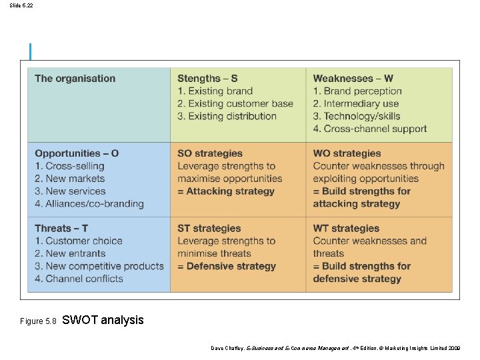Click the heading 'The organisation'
pyautogui.click(x=75, y=79)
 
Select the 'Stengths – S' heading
pyautogui.click(x=207, y=79)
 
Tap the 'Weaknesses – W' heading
pyautogui.click(x=353, y=79)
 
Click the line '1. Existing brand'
pyautogui.click(x=215, y=91)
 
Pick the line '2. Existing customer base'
pyautogui.click(x=235, y=103)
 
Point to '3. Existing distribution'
pyautogui.click(x=227, y=116)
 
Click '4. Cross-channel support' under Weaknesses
pyautogui.click(x=370, y=129)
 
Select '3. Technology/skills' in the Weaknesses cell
pyautogui.click(x=357, y=116)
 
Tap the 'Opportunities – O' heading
pyautogui.click(x=77, y=153)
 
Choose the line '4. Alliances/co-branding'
pyautogui.click(x=89, y=204)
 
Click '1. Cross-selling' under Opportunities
pyautogui.click(x=70, y=166)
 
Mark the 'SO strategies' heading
pyautogui.click(x=210, y=153)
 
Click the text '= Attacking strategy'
pyautogui.click(x=226, y=191)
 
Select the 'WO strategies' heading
pyautogui.click(x=347, y=153)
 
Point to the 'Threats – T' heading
pyautogui.click(x=61, y=229)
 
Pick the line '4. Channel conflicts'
pyautogui.click(x=79, y=279)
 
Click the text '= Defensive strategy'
pyautogui.click(x=227, y=266)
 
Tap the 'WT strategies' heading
pyautogui.click(x=346, y=229)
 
